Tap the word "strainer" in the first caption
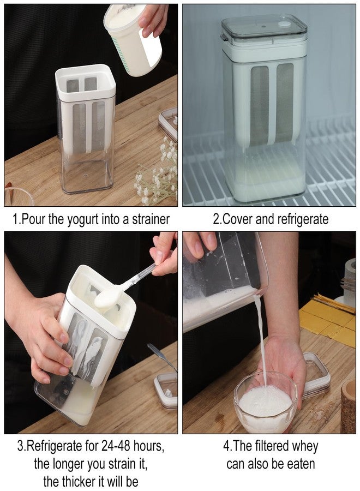tap(151, 219)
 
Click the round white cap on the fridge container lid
tap(284, 24)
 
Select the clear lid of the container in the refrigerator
tap(263, 29)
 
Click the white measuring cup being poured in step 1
tap(133, 39)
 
